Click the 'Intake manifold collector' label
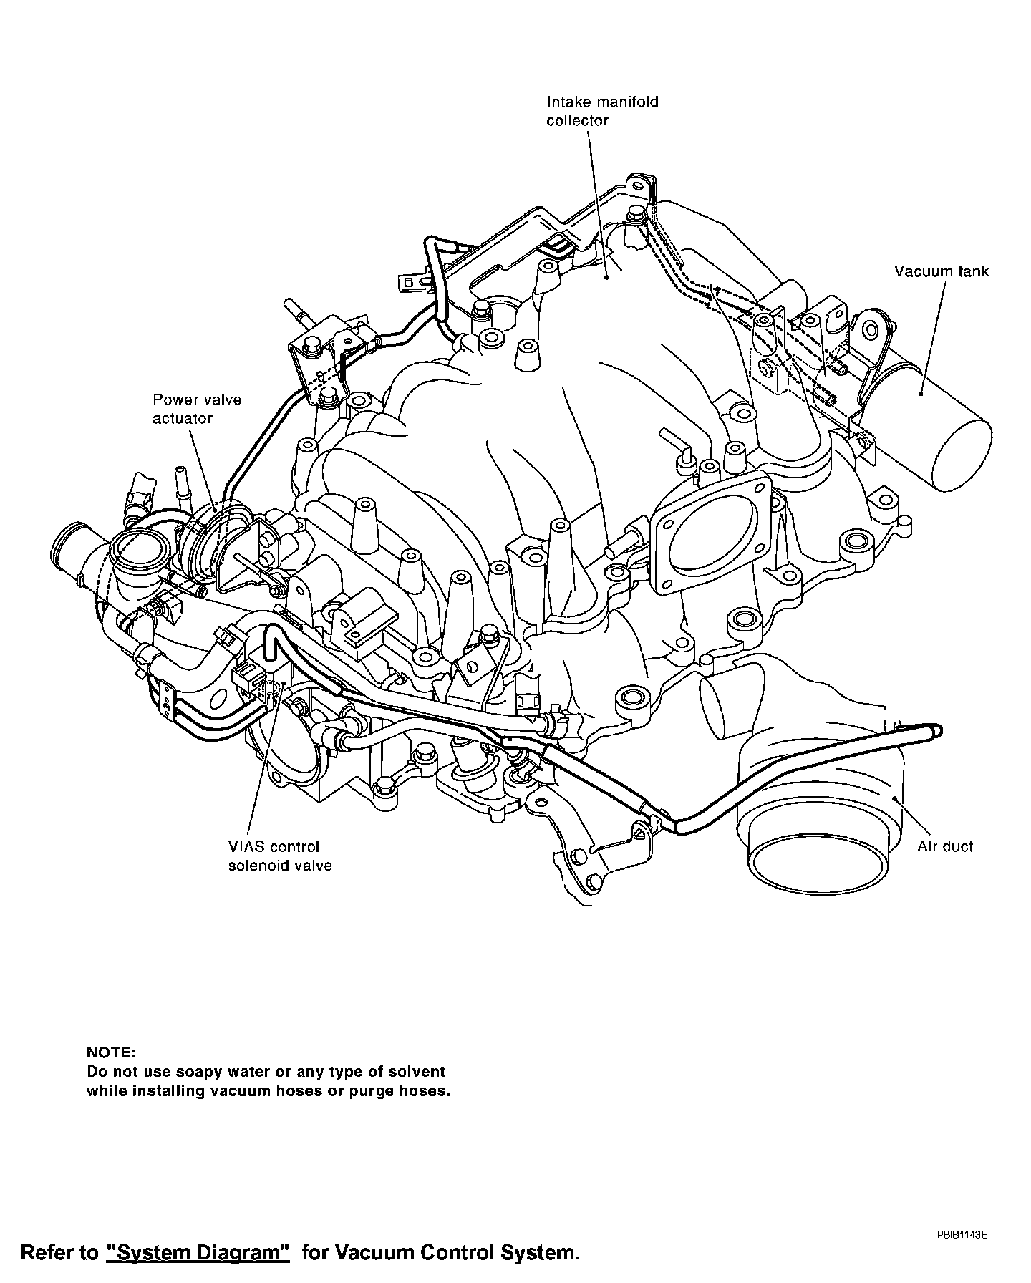click(602, 111)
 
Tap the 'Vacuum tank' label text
click(941, 271)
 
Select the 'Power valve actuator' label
click(197, 409)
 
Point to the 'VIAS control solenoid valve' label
click(280, 856)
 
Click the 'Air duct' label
click(945, 847)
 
